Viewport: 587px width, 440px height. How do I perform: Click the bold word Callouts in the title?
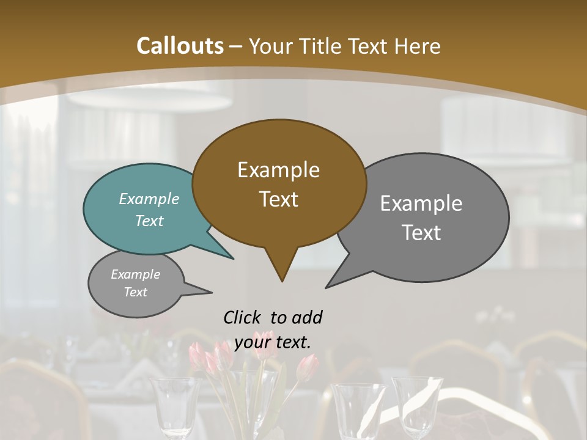tap(180, 46)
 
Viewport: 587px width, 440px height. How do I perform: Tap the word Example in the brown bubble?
tap(278, 170)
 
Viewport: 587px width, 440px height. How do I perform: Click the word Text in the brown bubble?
tap(278, 199)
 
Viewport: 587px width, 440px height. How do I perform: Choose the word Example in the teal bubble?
tap(149, 199)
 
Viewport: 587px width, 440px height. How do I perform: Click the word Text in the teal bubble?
tap(149, 221)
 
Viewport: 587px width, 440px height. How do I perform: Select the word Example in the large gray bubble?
tap(421, 204)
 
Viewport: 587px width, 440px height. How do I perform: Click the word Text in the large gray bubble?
tap(421, 233)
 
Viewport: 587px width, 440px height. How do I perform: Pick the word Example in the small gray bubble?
tap(135, 274)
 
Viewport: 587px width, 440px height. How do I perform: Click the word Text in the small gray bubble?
tap(135, 291)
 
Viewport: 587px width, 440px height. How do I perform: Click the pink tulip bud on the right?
tap(308, 367)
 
